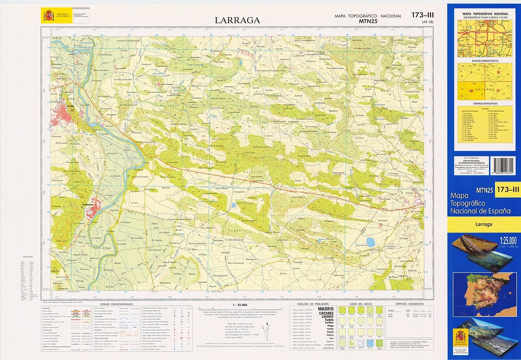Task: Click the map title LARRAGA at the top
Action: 237,20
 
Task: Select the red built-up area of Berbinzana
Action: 92,209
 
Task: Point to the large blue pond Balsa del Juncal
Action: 370,242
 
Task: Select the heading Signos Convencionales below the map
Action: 116,304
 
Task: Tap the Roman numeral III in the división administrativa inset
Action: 471,91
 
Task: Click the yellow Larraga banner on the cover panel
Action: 484,224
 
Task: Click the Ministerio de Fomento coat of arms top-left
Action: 49,16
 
